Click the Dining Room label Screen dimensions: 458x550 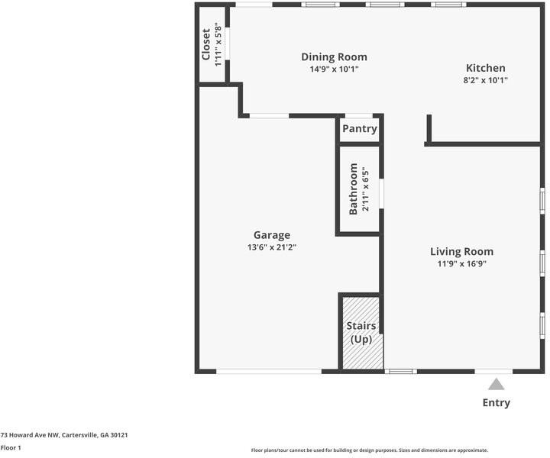(x=334, y=57)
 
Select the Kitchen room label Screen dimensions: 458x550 (x=485, y=68)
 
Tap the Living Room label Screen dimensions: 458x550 (x=461, y=252)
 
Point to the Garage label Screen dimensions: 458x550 (x=272, y=235)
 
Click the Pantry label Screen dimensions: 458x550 (x=359, y=129)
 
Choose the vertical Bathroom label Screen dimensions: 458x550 (x=354, y=189)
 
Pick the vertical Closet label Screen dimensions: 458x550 (x=206, y=45)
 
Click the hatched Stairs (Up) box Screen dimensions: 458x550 (x=360, y=332)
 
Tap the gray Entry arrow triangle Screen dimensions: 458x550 (x=497, y=384)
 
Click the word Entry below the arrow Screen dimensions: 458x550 (x=496, y=403)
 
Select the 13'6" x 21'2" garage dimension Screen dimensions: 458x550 (x=272, y=247)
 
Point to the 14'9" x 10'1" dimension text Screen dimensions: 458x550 (x=334, y=69)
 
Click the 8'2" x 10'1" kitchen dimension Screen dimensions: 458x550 (x=485, y=79)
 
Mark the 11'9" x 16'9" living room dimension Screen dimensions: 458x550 (x=461, y=264)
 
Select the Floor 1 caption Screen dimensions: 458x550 (x=11, y=448)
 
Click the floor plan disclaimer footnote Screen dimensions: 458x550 (x=369, y=450)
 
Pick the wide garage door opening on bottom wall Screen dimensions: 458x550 (x=268, y=371)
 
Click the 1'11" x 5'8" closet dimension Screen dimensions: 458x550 (x=218, y=45)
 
